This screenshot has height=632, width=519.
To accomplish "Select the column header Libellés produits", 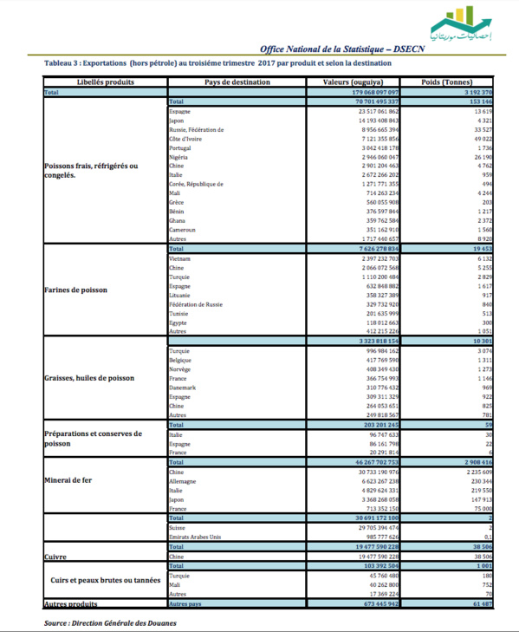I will (x=105, y=82).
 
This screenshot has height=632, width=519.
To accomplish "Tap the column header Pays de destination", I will (x=237, y=82).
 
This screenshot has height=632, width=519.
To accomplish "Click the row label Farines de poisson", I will (x=76, y=290).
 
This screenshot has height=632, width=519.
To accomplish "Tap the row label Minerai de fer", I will (x=69, y=479).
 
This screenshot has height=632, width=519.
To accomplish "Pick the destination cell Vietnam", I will (x=180, y=258).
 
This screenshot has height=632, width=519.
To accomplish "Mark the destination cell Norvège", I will (x=182, y=370).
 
